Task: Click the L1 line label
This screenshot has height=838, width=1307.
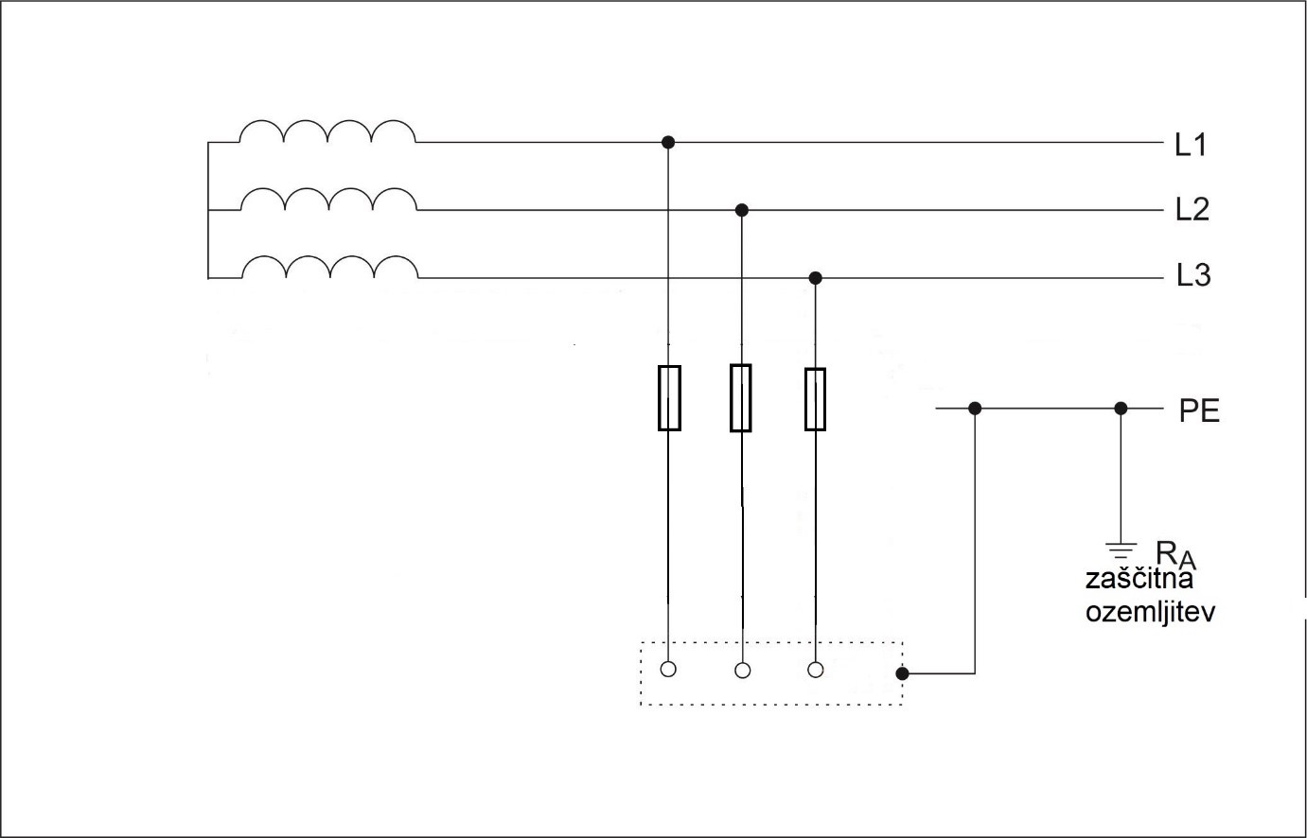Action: tap(1191, 145)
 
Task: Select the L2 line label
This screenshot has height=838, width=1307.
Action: tap(1192, 209)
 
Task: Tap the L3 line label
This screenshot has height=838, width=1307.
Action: tap(1193, 276)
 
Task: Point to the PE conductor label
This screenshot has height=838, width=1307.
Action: tap(1199, 411)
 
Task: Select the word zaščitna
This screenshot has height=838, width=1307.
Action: tap(1139, 580)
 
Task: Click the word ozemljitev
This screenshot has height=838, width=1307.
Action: tap(1150, 611)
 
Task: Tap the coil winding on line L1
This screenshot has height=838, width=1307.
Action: tap(327, 132)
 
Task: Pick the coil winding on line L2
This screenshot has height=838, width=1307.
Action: tap(328, 200)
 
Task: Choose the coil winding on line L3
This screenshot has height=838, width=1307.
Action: tap(329, 268)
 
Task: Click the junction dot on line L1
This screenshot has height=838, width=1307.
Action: tap(668, 142)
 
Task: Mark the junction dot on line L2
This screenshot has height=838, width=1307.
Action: tap(742, 209)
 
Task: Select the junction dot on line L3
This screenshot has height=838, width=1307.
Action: tap(816, 278)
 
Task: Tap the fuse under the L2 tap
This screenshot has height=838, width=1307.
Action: tap(741, 397)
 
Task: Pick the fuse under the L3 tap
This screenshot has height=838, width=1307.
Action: tap(815, 399)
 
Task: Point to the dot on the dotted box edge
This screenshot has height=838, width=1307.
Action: tap(902, 674)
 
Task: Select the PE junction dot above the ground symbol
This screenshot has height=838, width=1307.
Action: tap(1121, 409)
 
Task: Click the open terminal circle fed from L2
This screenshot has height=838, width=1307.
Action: tap(743, 671)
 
